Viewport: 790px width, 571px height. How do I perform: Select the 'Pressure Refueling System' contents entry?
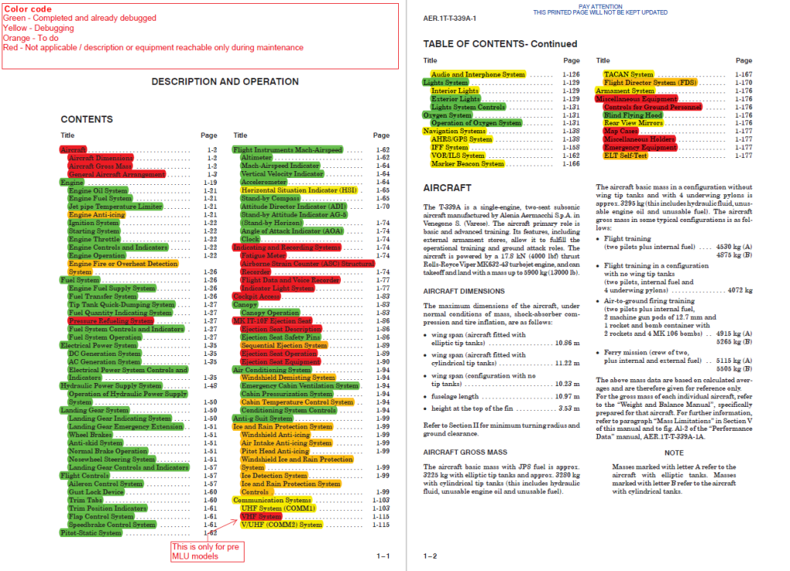110,321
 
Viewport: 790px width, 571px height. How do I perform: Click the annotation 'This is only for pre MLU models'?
203,551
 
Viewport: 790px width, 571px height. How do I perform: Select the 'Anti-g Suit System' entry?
266,418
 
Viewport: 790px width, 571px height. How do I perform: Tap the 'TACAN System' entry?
628,75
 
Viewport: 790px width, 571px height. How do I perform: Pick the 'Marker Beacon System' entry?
467,164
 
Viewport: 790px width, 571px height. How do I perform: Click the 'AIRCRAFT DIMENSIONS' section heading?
464,291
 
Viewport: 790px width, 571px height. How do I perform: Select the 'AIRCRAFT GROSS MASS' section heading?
465,452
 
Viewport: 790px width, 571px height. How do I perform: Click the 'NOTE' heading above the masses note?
674,453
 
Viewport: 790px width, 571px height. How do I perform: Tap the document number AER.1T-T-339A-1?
450,18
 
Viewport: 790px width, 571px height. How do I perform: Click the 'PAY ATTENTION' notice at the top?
600,6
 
